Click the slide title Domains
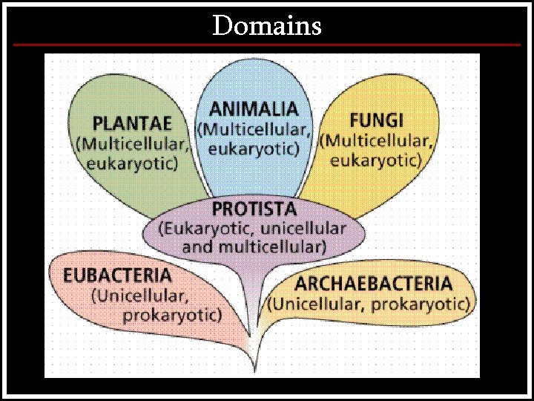[267, 26]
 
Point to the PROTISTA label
[254, 209]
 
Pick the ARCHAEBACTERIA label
[373, 284]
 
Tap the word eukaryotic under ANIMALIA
[254, 149]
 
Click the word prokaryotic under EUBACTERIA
[172, 315]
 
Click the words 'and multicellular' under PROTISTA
[254, 247]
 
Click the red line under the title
[267, 45]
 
